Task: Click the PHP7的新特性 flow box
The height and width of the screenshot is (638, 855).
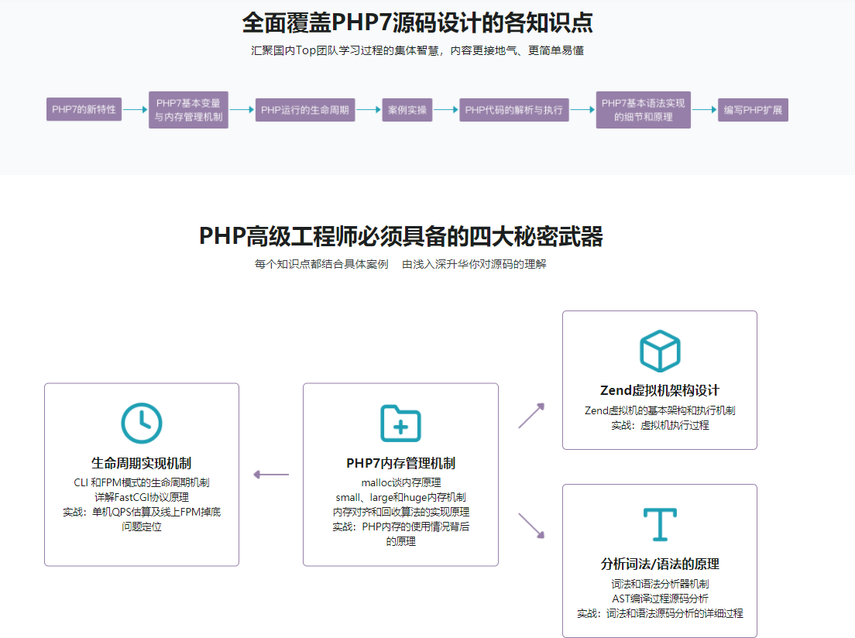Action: pyautogui.click(x=84, y=109)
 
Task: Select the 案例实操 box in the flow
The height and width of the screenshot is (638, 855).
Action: pyautogui.click(x=407, y=110)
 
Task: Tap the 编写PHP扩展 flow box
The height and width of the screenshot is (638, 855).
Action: pyautogui.click(x=753, y=110)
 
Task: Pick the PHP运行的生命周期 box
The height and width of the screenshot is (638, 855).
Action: pyautogui.click(x=305, y=110)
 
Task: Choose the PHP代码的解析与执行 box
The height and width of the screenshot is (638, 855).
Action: pyautogui.click(x=513, y=110)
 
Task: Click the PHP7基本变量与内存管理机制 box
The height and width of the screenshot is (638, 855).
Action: pyautogui.click(x=188, y=110)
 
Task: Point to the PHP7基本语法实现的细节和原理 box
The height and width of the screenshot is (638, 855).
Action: pyautogui.click(x=643, y=110)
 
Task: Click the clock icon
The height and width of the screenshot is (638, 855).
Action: pyautogui.click(x=142, y=424)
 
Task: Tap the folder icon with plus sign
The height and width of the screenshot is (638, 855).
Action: pyautogui.click(x=400, y=424)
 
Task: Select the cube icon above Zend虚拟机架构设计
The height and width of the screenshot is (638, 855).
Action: pyautogui.click(x=660, y=351)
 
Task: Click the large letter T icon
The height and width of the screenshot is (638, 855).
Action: pyautogui.click(x=660, y=524)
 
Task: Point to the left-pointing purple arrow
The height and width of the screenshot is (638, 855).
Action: pyautogui.click(x=271, y=475)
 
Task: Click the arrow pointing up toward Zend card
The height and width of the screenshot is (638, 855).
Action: pyautogui.click(x=531, y=416)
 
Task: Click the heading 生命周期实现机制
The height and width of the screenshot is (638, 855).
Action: pyautogui.click(x=142, y=464)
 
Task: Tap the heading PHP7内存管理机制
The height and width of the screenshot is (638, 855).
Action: pyautogui.click(x=400, y=464)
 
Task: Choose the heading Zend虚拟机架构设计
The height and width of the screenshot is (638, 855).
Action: pyautogui.click(x=660, y=390)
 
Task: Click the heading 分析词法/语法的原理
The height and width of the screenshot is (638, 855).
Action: pyautogui.click(x=660, y=564)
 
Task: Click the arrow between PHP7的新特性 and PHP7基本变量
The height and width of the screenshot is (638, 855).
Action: pyautogui.click(x=136, y=110)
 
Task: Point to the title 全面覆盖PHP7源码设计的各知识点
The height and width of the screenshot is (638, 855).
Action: pyautogui.click(x=418, y=23)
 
